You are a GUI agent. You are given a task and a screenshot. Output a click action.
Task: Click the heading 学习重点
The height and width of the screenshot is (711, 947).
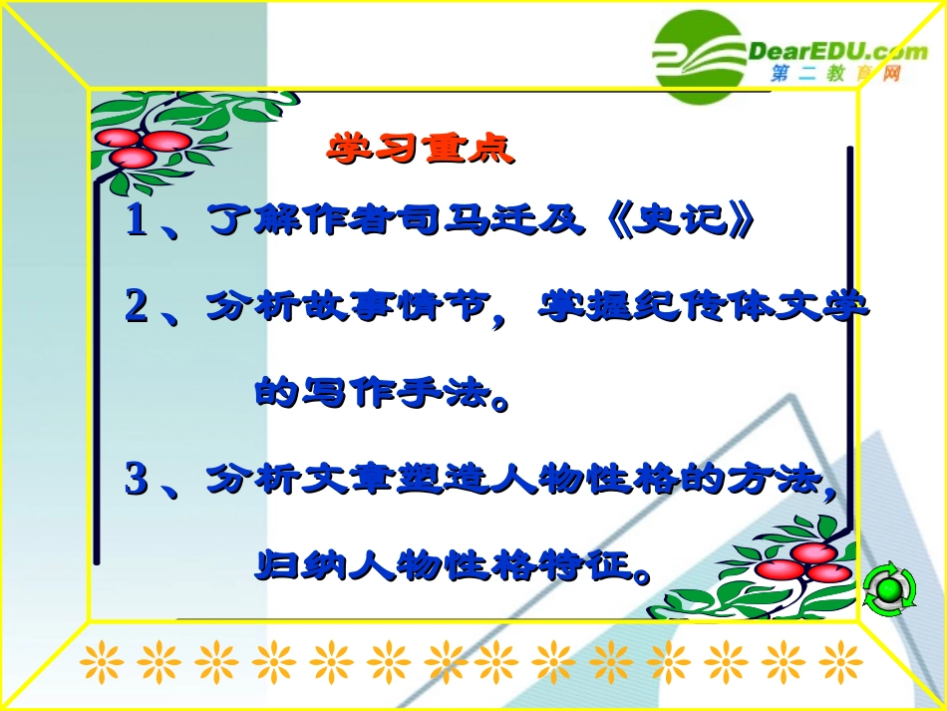(x=420, y=150)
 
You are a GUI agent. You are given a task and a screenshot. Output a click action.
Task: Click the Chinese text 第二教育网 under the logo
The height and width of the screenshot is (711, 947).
(x=835, y=75)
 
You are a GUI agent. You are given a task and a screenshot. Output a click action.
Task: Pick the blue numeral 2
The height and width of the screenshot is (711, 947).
(x=136, y=306)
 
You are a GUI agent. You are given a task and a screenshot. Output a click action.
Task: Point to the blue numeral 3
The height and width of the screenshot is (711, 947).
(x=136, y=480)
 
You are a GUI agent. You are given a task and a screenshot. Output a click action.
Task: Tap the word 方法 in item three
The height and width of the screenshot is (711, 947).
(x=778, y=480)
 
